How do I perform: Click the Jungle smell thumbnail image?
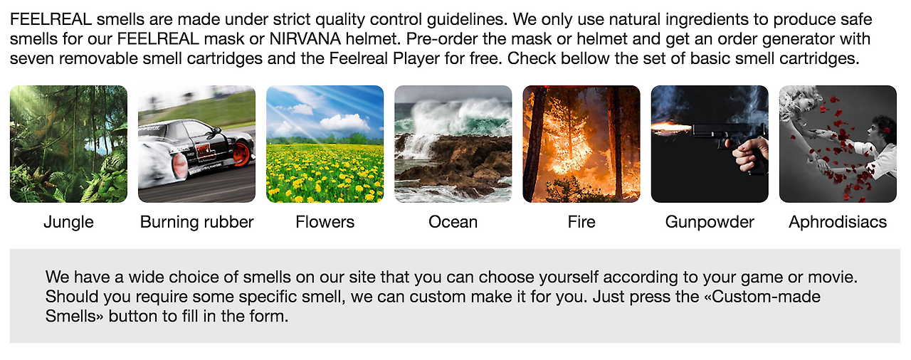click(68, 144)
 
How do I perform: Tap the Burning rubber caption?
click(196, 222)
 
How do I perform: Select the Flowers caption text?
click(325, 222)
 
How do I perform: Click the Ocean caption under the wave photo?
click(453, 222)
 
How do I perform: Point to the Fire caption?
click(581, 222)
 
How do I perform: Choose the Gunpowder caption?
click(709, 222)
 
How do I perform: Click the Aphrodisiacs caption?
click(837, 222)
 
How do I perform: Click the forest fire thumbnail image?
click(581, 144)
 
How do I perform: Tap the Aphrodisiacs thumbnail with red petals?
click(837, 144)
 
